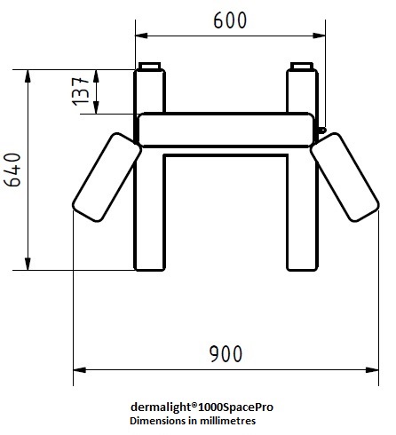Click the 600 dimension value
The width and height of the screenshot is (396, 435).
(230, 20)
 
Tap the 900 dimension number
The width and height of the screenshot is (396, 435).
(226, 354)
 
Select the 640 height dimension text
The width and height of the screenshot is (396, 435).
(13, 170)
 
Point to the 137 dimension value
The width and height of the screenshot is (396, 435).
(81, 91)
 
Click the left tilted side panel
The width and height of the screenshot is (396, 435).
(107, 178)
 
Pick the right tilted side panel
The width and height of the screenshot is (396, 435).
(345, 178)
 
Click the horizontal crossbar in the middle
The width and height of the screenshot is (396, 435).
(226, 130)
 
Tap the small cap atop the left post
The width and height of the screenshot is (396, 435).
(149, 66)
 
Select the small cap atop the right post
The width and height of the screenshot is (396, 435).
(302, 66)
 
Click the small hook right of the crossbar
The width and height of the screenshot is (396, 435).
(321, 130)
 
